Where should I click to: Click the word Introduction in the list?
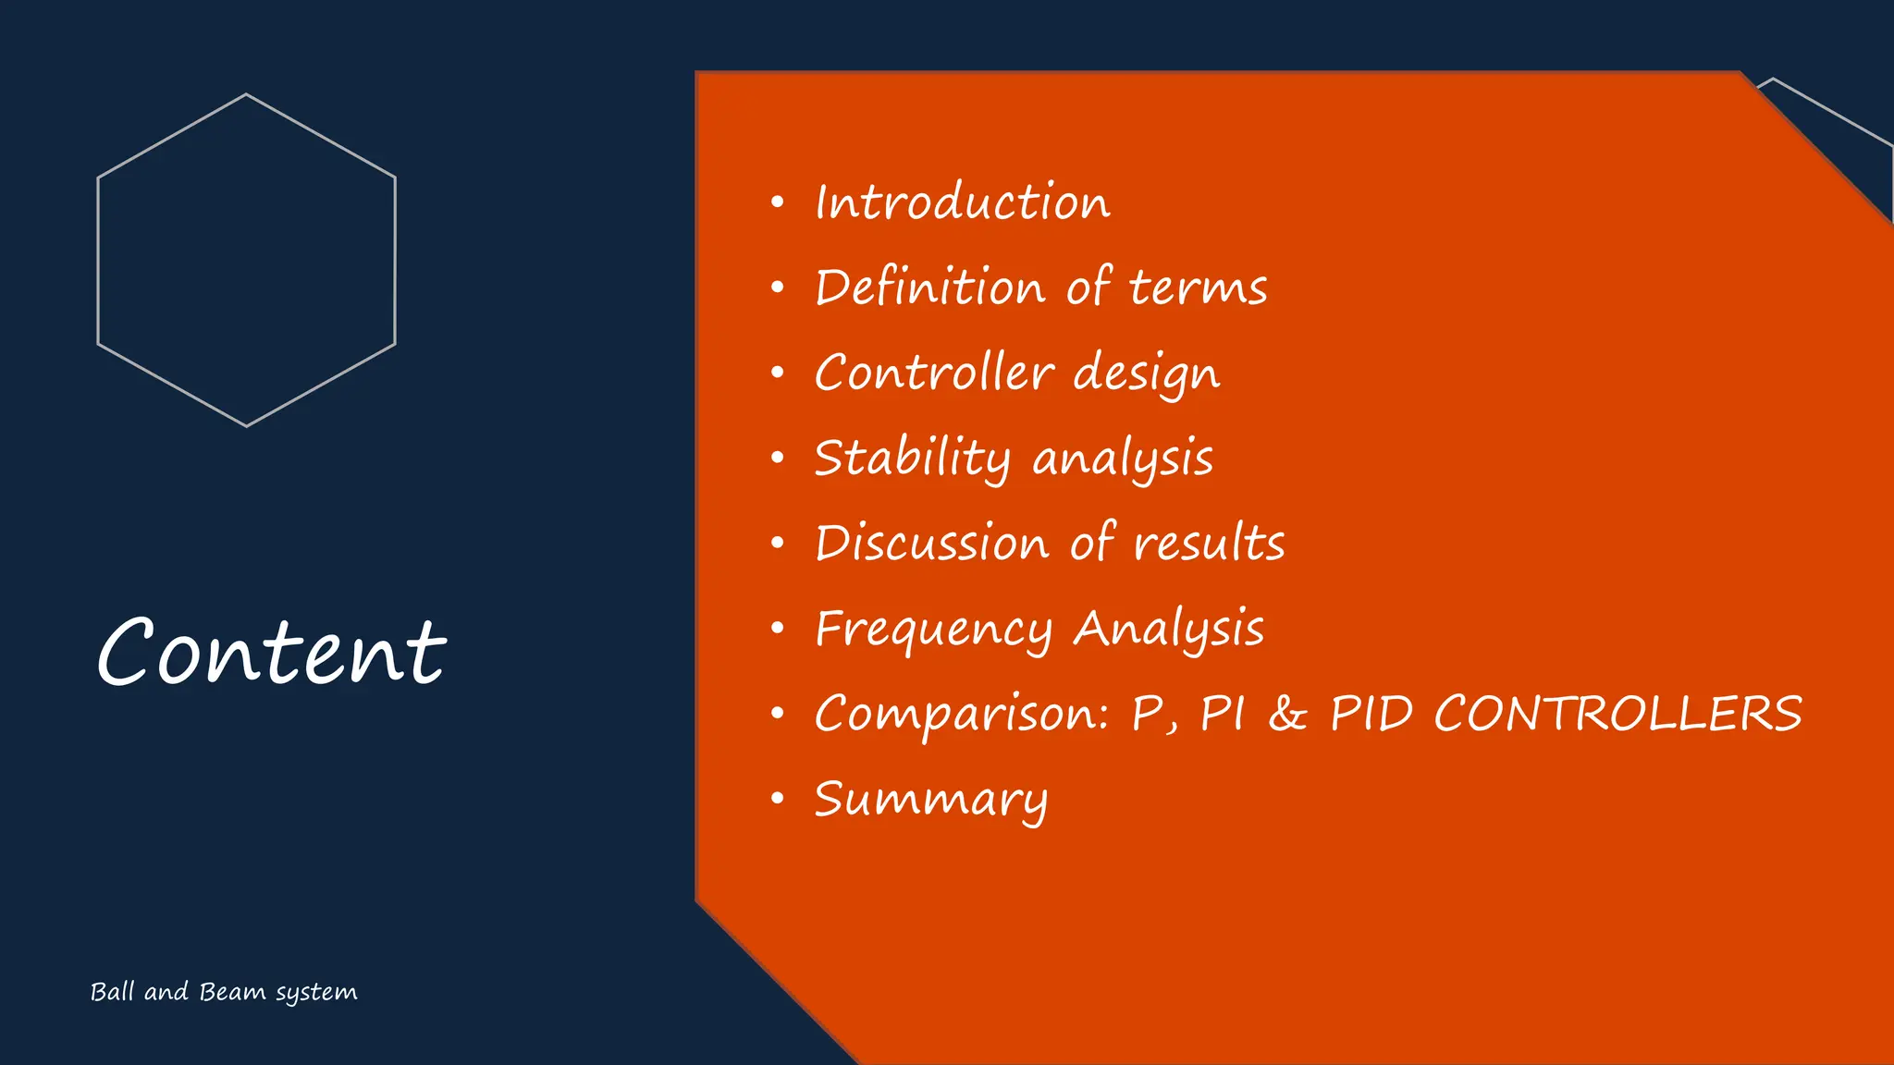pos(962,202)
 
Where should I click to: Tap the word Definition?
pos(929,288)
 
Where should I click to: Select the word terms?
pos(1198,288)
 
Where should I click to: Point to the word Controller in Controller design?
pos(934,373)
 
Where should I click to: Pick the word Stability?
pos(912,459)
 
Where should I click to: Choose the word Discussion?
pos(931,543)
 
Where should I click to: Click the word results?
pos(1209,544)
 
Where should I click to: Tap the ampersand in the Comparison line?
pos(1287,714)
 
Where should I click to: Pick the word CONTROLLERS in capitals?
pos(1617,714)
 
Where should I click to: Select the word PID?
pos(1371,714)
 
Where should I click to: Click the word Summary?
pos(930,800)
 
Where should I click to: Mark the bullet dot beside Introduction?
pos(778,202)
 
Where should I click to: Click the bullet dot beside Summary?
pos(778,798)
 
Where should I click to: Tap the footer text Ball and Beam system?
pos(224,992)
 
